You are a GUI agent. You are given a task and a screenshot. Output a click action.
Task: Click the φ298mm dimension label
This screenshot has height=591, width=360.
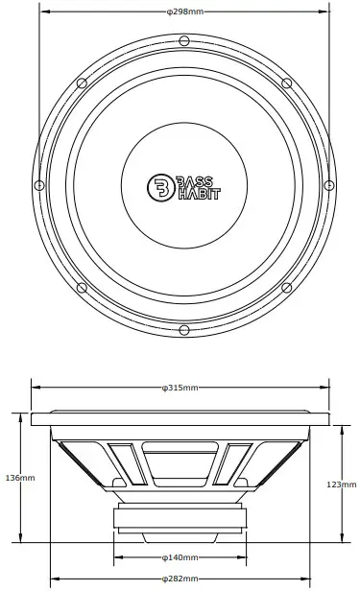(184, 12)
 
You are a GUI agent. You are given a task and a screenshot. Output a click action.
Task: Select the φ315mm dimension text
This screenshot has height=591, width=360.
(180, 388)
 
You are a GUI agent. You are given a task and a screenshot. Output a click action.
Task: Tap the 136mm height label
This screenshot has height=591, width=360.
(20, 478)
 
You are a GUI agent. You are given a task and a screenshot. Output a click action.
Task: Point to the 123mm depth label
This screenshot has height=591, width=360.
(342, 485)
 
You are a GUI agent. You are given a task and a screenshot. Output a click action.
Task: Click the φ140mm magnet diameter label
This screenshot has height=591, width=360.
(180, 557)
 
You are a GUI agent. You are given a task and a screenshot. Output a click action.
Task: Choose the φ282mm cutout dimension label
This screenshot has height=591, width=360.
(180, 579)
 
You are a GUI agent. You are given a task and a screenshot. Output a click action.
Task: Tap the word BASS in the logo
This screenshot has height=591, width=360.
(195, 182)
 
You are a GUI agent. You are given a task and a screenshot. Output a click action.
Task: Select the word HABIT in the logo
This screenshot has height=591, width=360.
(199, 194)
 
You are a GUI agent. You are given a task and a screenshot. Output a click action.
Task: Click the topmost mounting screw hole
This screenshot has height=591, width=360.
(184, 40)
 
